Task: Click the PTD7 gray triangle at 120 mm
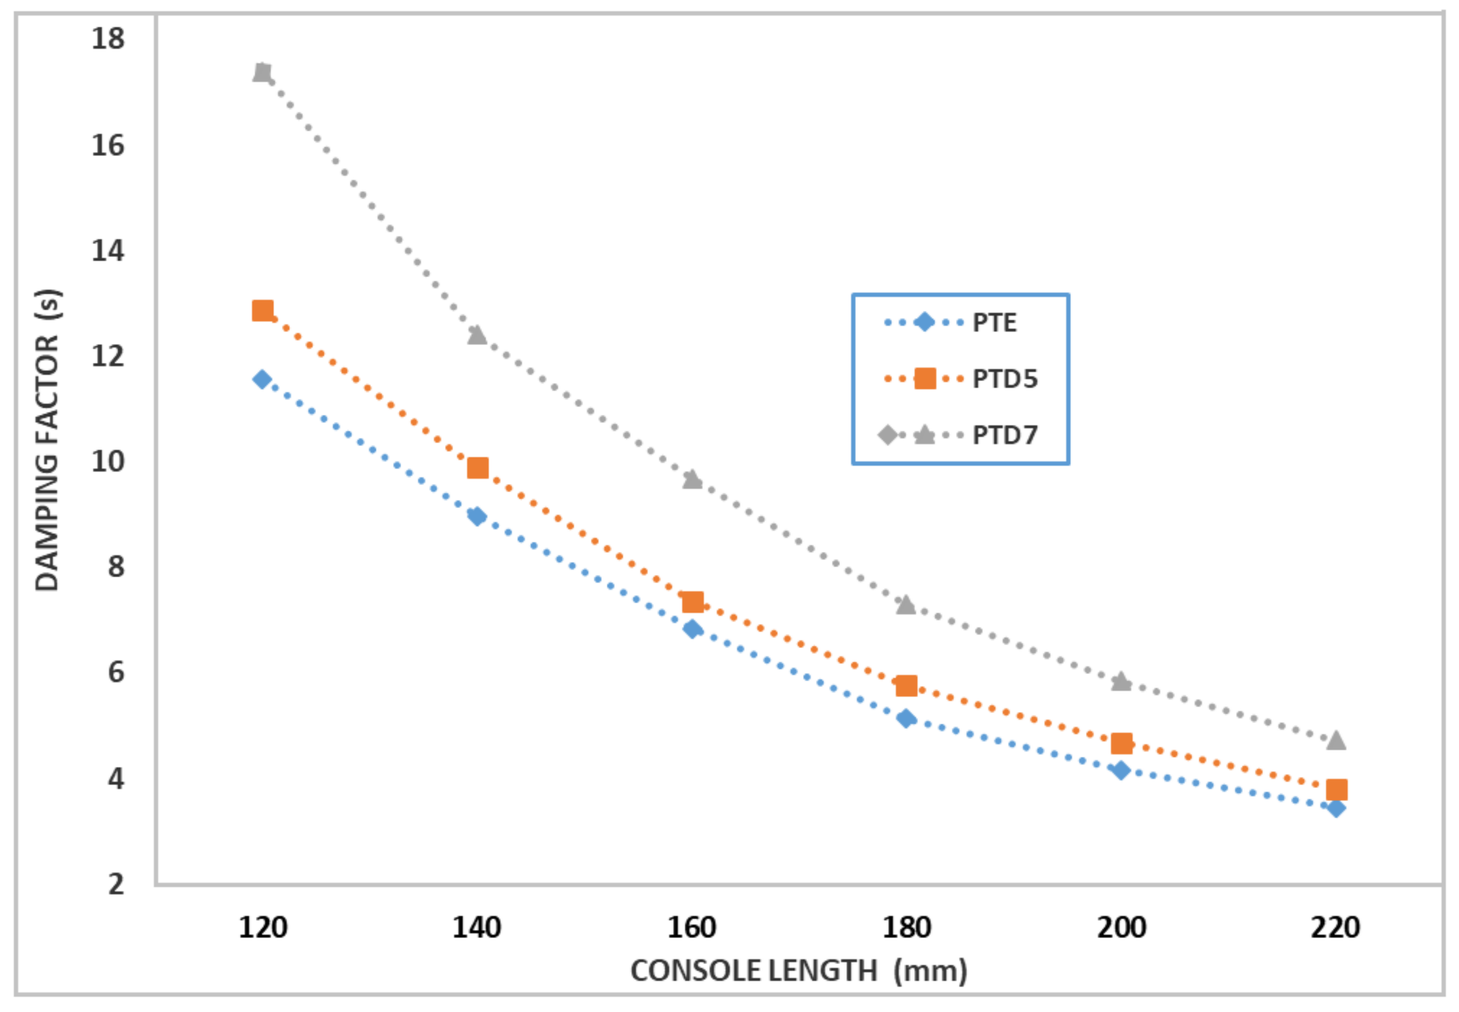pyautogui.click(x=262, y=72)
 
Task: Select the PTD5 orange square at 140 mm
pyautogui.click(x=477, y=468)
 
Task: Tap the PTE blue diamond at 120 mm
pyautogui.click(x=262, y=379)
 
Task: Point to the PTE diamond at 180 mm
pyautogui.click(x=906, y=718)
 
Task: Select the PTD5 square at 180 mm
pyautogui.click(x=906, y=685)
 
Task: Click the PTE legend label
pyautogui.click(x=994, y=323)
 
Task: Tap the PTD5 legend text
pyautogui.click(x=1005, y=379)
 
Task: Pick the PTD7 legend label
pyautogui.click(x=1005, y=435)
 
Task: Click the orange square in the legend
pyautogui.click(x=924, y=379)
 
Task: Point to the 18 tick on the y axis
pyautogui.click(x=108, y=39)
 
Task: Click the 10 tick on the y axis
pyautogui.click(x=108, y=461)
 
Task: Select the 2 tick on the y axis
pyautogui.click(x=115, y=883)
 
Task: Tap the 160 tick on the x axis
pyautogui.click(x=691, y=927)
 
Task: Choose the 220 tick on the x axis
pyautogui.click(x=1335, y=927)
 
